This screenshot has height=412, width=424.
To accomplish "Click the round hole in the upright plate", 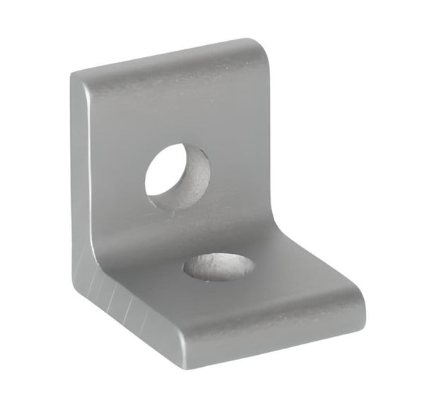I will click(x=177, y=176).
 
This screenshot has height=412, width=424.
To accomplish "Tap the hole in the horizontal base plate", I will click(x=219, y=267).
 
